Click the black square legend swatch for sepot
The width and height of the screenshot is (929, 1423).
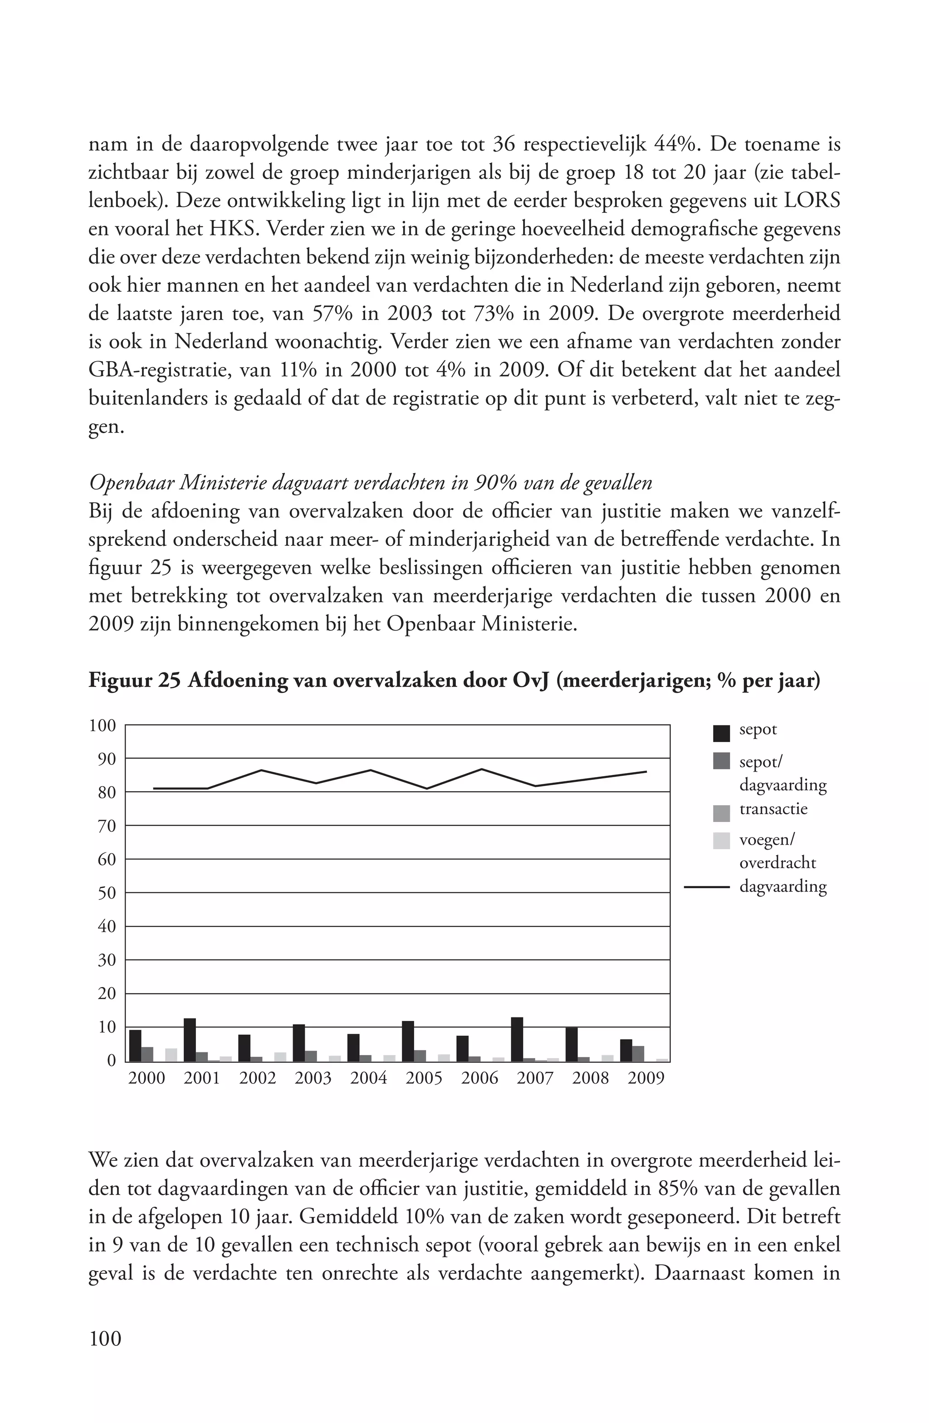click(722, 733)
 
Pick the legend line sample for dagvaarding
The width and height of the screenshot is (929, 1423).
click(707, 887)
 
